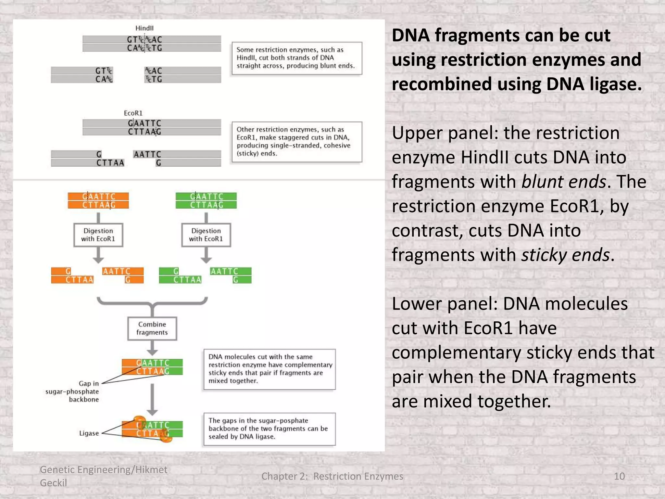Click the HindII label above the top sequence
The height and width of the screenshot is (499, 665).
click(144, 28)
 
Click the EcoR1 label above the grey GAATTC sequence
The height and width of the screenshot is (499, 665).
click(133, 113)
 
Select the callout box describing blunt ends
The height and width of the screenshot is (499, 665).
click(297, 58)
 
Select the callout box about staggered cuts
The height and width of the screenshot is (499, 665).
click(297, 142)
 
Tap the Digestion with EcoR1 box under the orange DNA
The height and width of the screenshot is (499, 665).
click(98, 235)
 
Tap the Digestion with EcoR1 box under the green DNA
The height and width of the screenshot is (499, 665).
click(206, 235)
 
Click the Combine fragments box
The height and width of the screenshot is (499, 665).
click(152, 328)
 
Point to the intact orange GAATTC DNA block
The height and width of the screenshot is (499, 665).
click(98, 201)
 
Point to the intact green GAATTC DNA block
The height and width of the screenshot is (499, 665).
click(206, 201)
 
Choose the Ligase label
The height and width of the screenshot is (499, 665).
click(89, 433)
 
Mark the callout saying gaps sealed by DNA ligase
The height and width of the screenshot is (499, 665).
click(269, 429)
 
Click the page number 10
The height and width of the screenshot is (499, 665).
click(619, 476)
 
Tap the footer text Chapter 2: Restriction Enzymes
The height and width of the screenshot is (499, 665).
click(332, 476)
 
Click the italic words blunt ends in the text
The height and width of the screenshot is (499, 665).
click(564, 182)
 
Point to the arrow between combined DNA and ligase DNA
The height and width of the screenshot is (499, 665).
click(152, 399)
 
